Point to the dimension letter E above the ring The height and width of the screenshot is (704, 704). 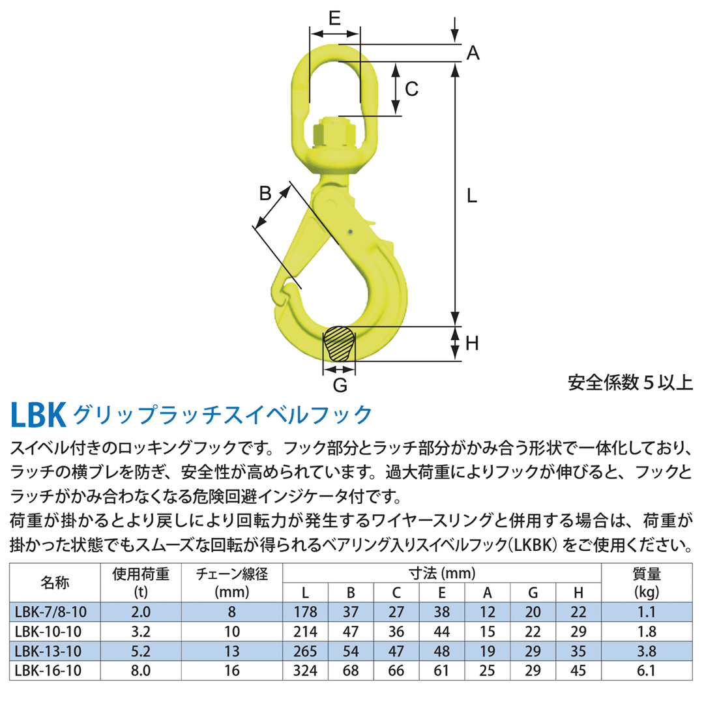(334, 18)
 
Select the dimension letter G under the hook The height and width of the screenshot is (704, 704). (340, 386)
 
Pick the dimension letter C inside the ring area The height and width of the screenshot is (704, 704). (411, 89)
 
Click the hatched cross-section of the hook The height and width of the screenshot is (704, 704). (340, 344)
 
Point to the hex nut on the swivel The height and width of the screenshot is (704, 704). (334, 132)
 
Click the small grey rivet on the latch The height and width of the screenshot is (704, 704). (350, 231)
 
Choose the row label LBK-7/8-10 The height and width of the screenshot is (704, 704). (50, 612)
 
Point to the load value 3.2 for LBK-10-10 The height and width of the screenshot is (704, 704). (141, 631)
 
